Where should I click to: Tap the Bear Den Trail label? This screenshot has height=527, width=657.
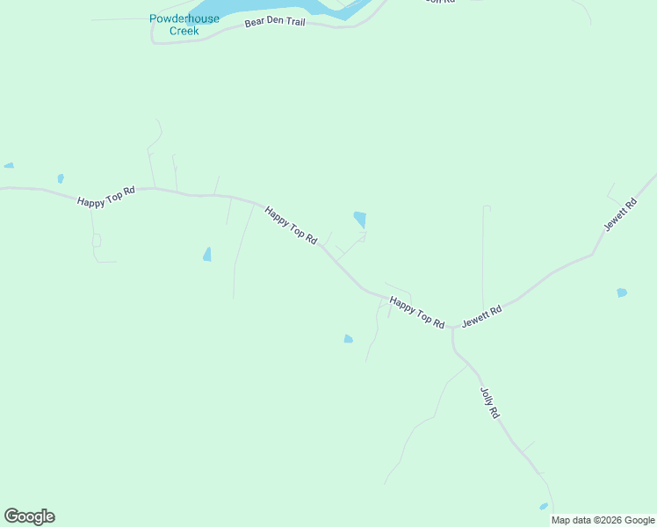(x=275, y=21)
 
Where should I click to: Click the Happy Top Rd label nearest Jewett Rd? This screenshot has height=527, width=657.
(x=417, y=312)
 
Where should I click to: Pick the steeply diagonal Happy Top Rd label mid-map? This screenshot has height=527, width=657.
(x=291, y=226)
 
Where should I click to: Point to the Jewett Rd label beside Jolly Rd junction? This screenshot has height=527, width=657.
(x=481, y=316)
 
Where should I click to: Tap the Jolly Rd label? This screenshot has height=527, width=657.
(x=489, y=402)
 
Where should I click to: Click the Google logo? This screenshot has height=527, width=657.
(x=29, y=516)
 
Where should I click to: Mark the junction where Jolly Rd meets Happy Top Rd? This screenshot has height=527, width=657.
(x=453, y=328)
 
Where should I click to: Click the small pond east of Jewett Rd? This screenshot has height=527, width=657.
(x=622, y=292)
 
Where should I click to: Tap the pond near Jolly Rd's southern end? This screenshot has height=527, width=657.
(x=544, y=507)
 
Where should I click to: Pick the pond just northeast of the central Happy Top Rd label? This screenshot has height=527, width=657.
(x=359, y=220)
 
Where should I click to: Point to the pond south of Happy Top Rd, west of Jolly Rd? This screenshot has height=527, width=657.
(x=349, y=339)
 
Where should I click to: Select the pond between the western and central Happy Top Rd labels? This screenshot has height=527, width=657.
(x=207, y=255)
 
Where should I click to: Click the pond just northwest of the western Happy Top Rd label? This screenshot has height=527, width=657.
(x=61, y=178)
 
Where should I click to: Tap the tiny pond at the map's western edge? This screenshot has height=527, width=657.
(x=9, y=165)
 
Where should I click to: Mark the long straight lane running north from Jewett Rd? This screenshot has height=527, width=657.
(x=483, y=255)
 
